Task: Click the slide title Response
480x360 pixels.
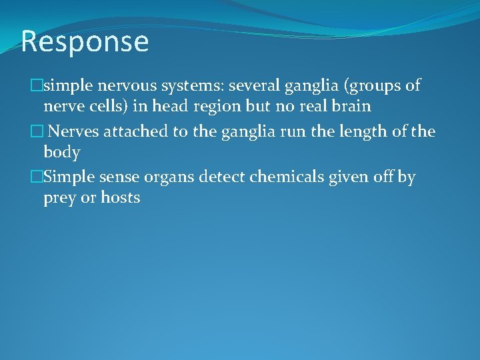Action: click(x=85, y=41)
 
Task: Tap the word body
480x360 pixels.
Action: click(x=62, y=153)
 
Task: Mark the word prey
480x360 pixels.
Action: click(x=59, y=199)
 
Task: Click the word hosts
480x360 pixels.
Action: click(x=121, y=198)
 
